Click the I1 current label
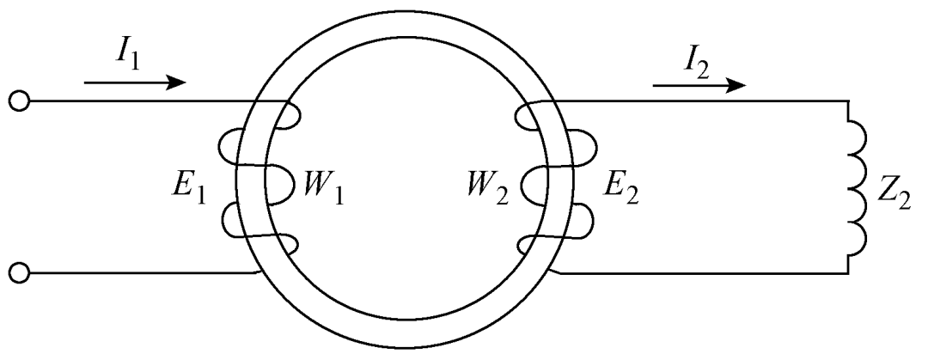click(x=127, y=56)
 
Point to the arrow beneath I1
click(x=136, y=82)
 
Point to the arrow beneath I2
click(x=699, y=85)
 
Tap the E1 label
click(x=189, y=190)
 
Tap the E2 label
click(x=621, y=190)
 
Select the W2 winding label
click(x=486, y=190)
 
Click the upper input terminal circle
click(x=19, y=102)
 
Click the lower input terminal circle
click(x=19, y=273)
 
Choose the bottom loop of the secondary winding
click(x=527, y=245)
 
